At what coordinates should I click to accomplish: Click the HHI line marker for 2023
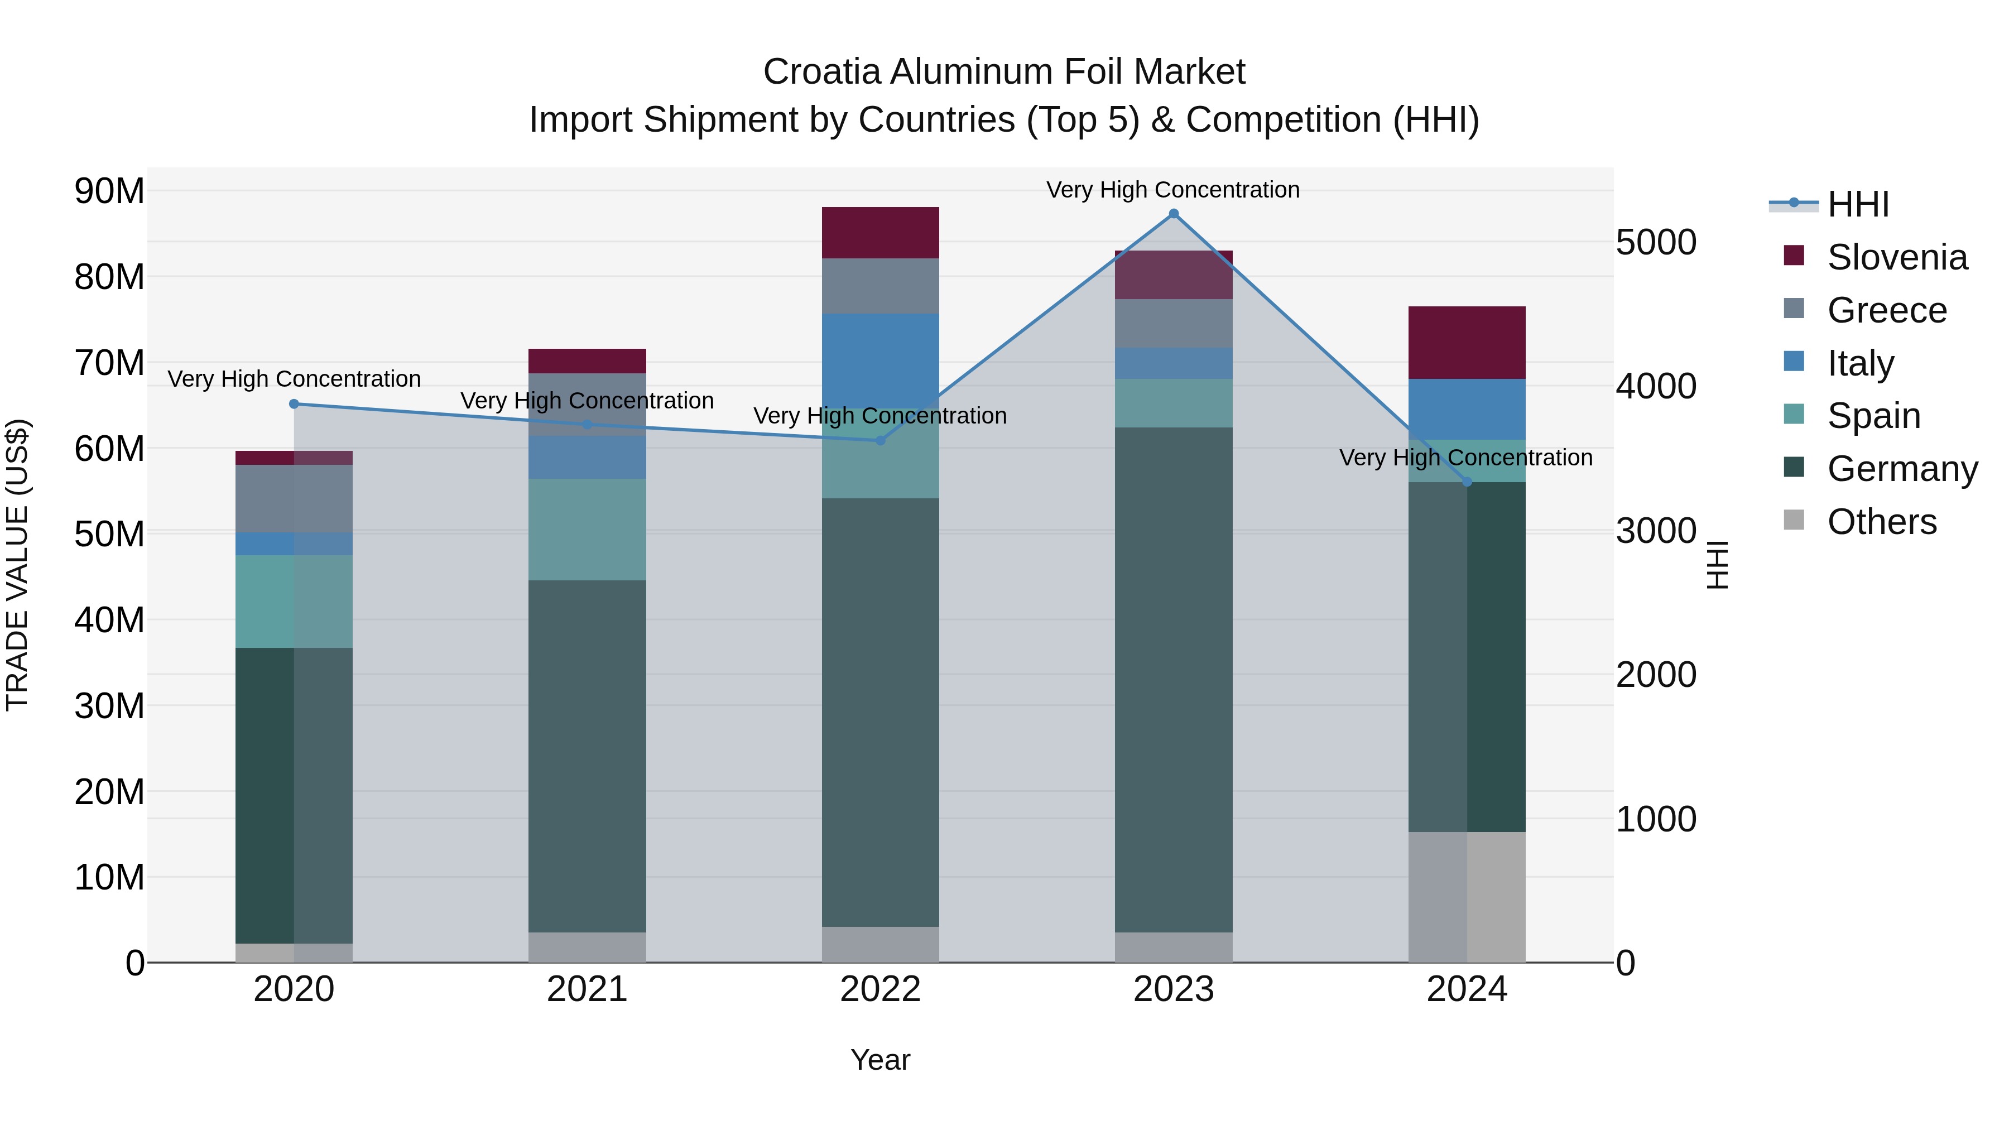[x=1173, y=214]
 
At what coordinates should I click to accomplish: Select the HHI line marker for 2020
[x=294, y=404]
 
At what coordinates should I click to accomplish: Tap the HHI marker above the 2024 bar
[x=1467, y=482]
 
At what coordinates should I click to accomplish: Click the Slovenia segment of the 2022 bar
[x=881, y=232]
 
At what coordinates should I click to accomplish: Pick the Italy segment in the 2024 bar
[x=1467, y=410]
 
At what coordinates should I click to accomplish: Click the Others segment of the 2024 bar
[x=1467, y=897]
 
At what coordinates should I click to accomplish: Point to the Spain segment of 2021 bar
[x=587, y=529]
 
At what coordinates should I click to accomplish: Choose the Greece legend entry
[x=1887, y=310]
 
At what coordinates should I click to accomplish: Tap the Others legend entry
[x=1881, y=522]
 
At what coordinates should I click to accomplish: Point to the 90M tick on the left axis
[x=109, y=191]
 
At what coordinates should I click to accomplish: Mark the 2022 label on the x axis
[x=881, y=989]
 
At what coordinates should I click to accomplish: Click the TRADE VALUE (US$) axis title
[x=18, y=565]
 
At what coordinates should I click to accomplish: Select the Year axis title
[x=881, y=1060]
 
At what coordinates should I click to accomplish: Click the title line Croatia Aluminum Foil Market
[x=1004, y=72]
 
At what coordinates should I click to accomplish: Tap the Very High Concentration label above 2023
[x=1173, y=190]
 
